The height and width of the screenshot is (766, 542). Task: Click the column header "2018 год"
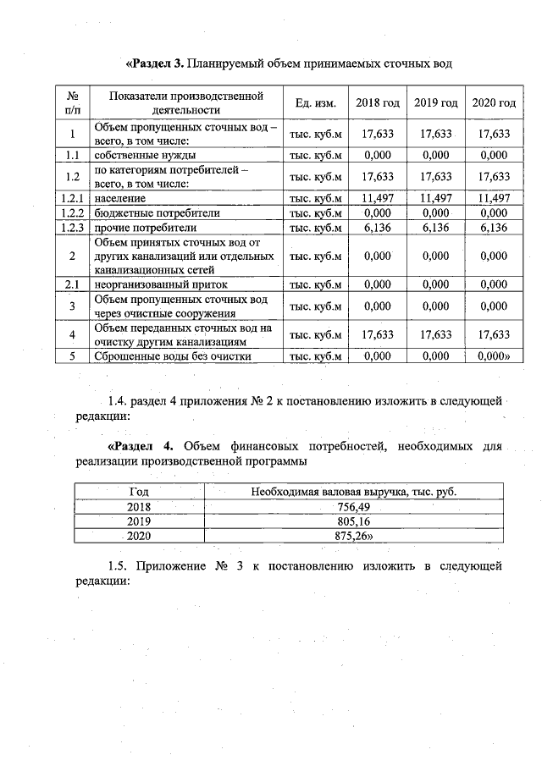pyautogui.click(x=378, y=102)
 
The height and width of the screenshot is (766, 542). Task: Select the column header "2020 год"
pyautogui.click(x=494, y=102)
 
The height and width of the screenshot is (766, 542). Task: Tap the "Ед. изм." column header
pyautogui.click(x=316, y=102)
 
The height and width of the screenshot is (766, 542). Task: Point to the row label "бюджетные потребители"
pyautogui.click(x=147, y=212)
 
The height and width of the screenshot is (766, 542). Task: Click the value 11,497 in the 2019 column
pyautogui.click(x=436, y=197)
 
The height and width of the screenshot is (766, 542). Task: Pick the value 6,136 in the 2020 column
pyautogui.click(x=494, y=228)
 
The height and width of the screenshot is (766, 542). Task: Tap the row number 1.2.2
pyautogui.click(x=73, y=212)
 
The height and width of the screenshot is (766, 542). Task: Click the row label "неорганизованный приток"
pyautogui.click(x=155, y=285)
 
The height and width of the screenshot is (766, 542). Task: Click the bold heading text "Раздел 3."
pyautogui.click(x=155, y=63)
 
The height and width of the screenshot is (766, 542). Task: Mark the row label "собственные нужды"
pyautogui.click(x=134, y=156)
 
